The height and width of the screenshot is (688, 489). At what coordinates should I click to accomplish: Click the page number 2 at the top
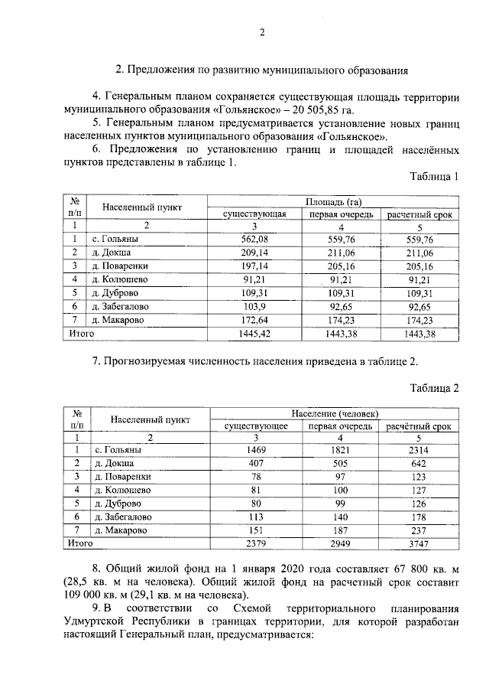pyautogui.click(x=261, y=31)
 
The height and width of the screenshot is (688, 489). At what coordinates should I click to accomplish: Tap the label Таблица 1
pyautogui.click(x=434, y=177)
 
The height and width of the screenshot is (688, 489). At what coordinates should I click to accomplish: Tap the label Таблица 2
pyautogui.click(x=434, y=387)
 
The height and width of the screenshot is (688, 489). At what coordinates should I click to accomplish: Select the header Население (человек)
pyautogui.click(x=334, y=412)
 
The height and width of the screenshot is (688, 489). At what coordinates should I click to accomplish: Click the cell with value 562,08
pyautogui.click(x=254, y=240)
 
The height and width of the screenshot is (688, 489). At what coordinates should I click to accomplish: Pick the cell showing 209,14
pyautogui.click(x=254, y=253)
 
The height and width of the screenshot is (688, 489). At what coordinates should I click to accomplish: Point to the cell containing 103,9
pyautogui.click(x=254, y=306)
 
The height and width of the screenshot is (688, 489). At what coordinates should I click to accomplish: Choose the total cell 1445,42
pyautogui.click(x=254, y=334)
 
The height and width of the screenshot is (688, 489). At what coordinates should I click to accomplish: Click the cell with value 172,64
pyautogui.click(x=254, y=320)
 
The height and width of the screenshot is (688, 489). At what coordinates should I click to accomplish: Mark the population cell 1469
pyautogui.click(x=254, y=451)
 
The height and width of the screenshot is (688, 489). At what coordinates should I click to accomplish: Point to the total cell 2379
pyautogui.click(x=254, y=543)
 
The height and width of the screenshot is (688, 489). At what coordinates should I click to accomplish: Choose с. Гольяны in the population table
pyautogui.click(x=117, y=451)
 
